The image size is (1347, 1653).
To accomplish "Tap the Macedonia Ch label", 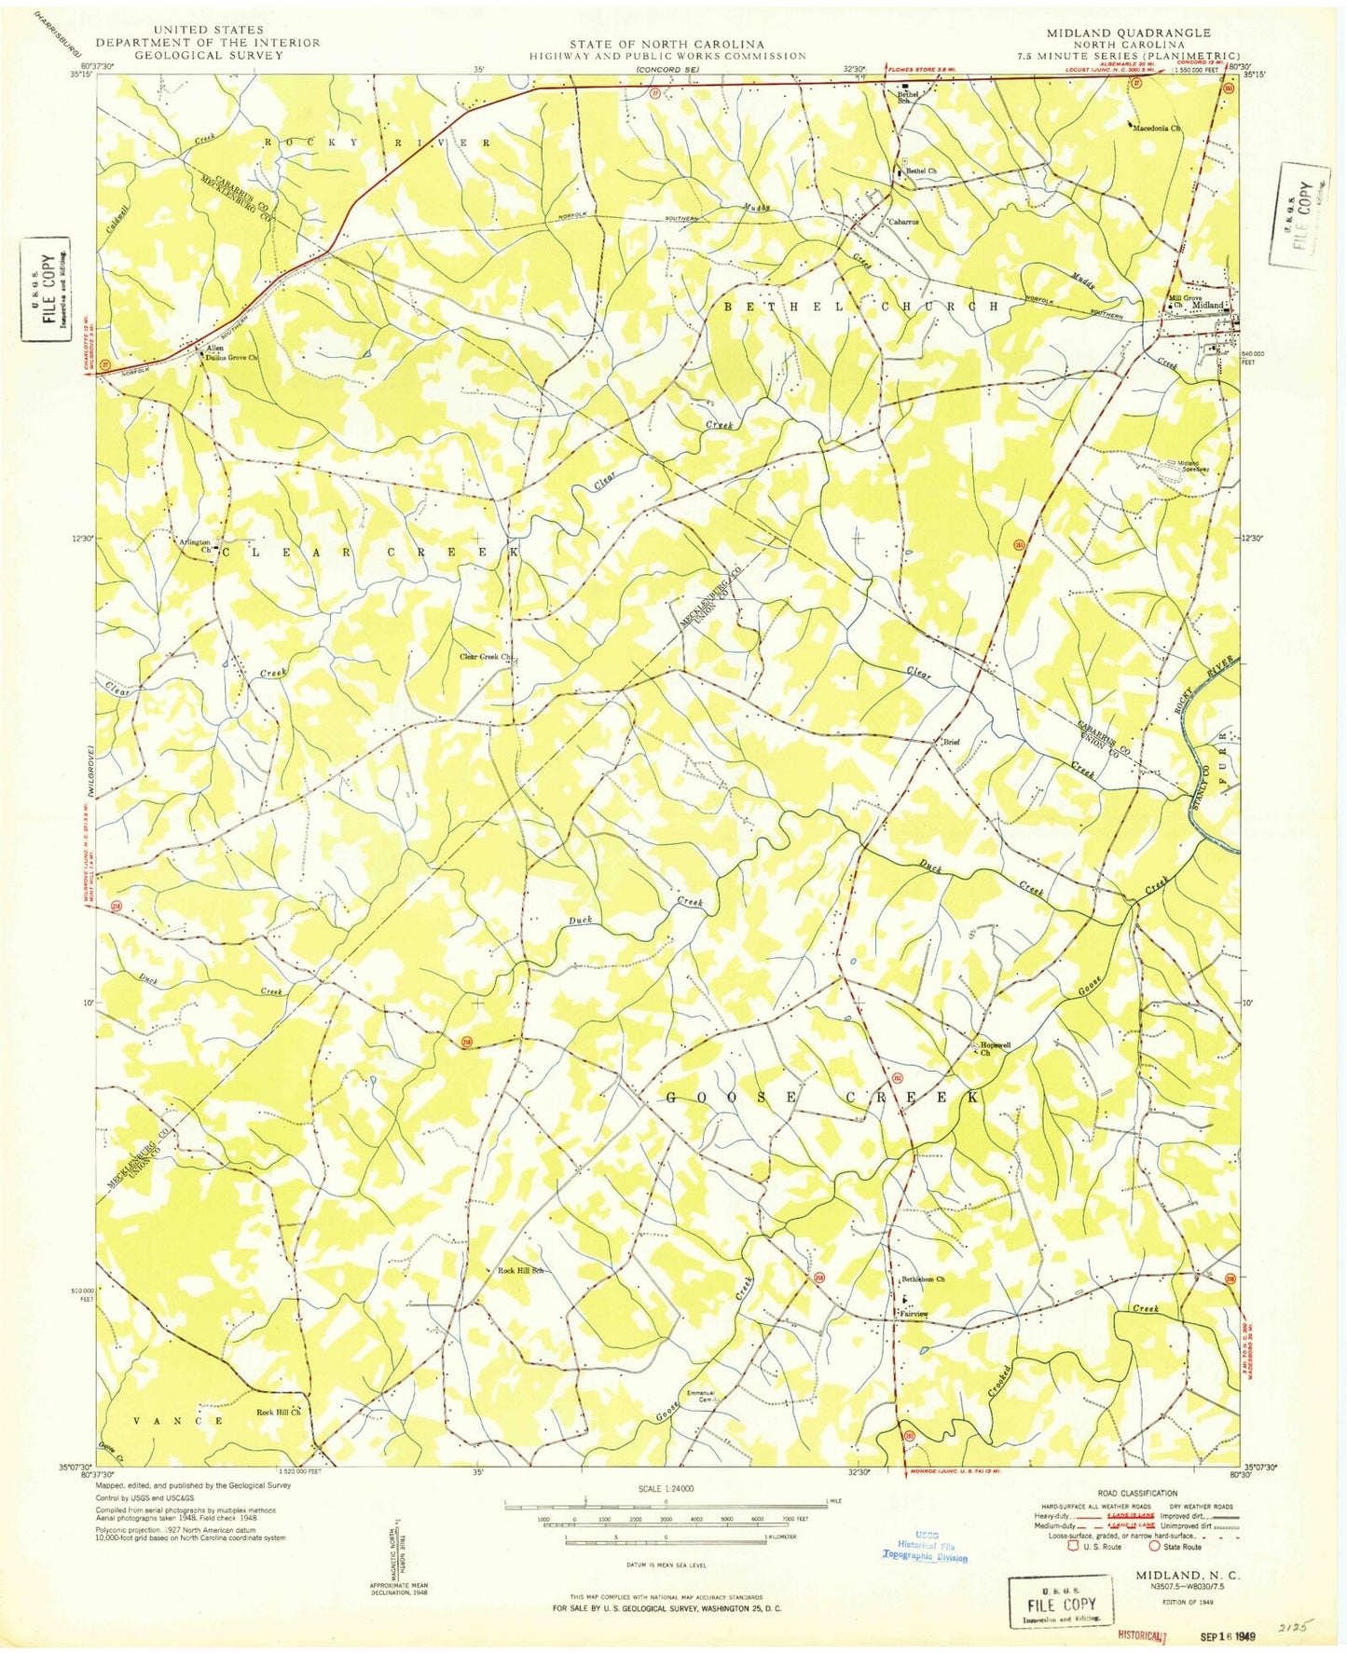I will coord(1157,128).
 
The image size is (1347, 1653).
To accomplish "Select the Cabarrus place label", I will coord(902,222).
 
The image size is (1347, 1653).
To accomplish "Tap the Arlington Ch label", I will coord(195,545).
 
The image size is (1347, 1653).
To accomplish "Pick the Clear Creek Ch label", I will coord(486,657).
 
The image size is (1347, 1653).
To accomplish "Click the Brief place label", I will coord(951,743).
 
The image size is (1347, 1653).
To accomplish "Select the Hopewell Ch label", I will coord(994,1048).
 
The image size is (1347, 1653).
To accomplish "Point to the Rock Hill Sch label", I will coord(519,1271).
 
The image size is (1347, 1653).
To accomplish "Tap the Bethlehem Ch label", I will coord(923,1279).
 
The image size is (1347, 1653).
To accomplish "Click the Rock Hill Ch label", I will coord(278,1412).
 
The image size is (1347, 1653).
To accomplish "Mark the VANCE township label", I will coord(177,1421).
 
